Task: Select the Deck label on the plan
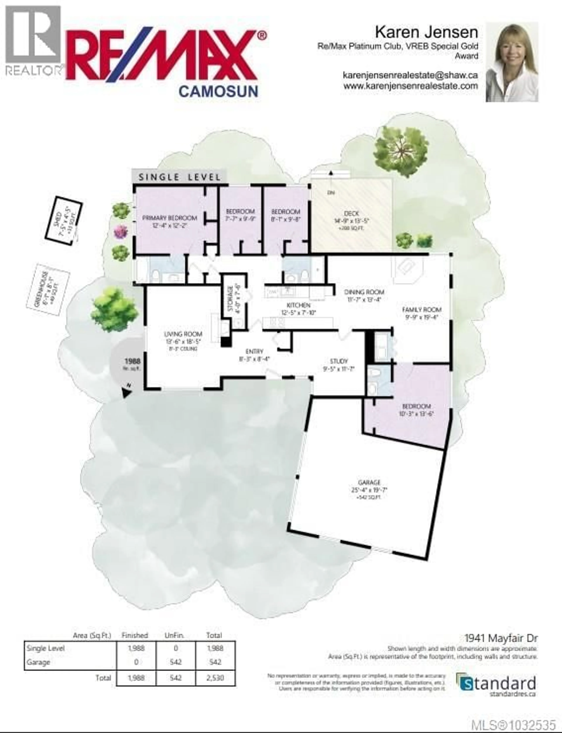pyautogui.click(x=351, y=213)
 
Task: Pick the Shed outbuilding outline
pyautogui.click(x=64, y=221)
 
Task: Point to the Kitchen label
pyautogui.click(x=298, y=305)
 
